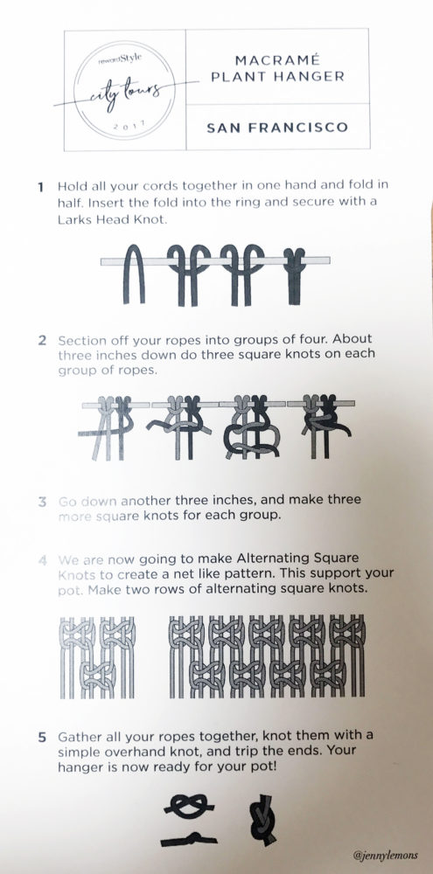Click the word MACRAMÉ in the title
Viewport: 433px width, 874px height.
click(276, 60)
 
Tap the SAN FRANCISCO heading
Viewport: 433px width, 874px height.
click(277, 128)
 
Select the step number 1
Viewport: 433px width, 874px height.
click(41, 187)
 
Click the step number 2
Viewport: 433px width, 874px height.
click(42, 341)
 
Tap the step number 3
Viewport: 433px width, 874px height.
click(42, 501)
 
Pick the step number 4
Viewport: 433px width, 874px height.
click(42, 559)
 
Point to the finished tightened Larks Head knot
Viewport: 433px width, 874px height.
click(293, 275)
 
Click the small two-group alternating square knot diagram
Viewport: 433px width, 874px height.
click(97, 657)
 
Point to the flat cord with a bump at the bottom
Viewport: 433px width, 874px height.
click(189, 839)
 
